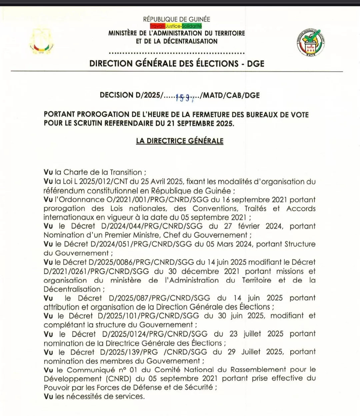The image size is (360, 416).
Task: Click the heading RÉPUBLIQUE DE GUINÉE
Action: pos(177,19)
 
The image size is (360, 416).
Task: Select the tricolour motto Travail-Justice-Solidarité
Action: pos(176,26)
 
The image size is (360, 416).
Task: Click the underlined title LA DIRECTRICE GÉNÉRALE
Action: pos(180,141)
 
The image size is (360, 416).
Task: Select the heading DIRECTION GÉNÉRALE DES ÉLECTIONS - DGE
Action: pos(177,63)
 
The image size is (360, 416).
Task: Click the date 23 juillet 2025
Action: pos(256,334)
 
